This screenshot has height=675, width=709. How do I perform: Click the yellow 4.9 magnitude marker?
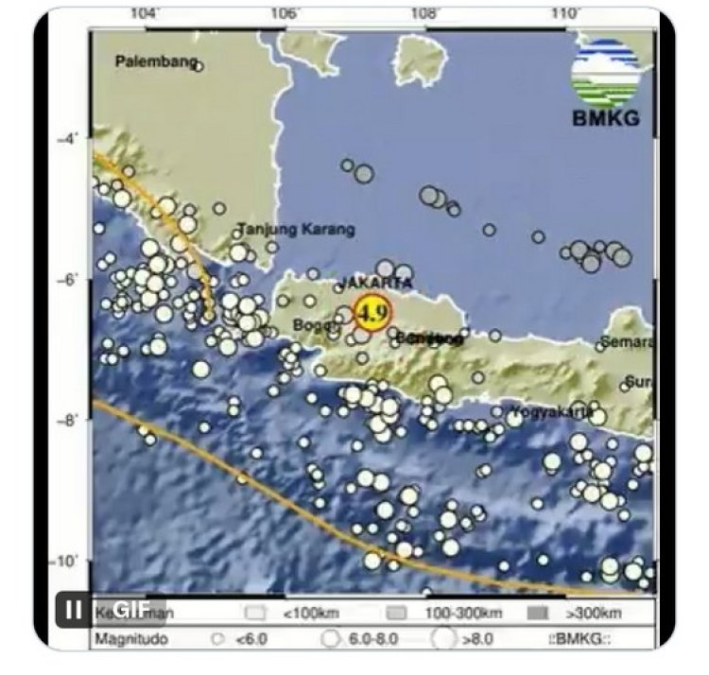[372, 312]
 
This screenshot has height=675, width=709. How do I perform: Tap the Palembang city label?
[156, 62]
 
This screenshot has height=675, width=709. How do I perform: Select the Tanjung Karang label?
[296, 229]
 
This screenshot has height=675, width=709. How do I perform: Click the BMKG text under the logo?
[606, 119]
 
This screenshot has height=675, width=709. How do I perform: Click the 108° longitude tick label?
[424, 13]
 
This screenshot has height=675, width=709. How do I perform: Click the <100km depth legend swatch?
[254, 613]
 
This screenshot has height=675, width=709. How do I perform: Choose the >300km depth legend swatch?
[538, 613]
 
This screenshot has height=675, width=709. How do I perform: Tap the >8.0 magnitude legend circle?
[442, 639]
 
